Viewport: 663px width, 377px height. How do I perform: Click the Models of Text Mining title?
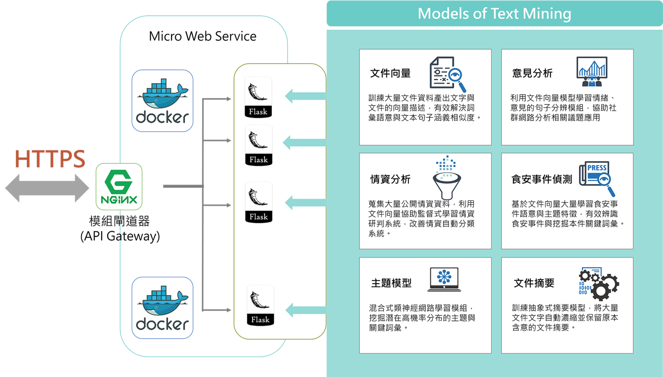click(494, 14)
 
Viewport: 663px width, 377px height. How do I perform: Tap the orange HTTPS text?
click(50, 159)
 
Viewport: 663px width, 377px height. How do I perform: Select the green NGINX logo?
click(119, 187)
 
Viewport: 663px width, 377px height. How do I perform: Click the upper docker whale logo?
click(162, 101)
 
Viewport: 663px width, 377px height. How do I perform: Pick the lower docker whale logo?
click(162, 308)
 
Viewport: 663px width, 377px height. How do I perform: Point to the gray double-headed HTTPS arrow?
click(47, 188)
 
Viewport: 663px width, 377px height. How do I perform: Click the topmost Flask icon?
click(258, 97)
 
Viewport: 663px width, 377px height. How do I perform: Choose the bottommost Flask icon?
click(260, 305)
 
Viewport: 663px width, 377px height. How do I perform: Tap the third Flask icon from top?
click(259, 202)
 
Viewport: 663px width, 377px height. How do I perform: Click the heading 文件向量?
click(390, 73)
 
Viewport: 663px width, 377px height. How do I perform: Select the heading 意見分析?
click(532, 73)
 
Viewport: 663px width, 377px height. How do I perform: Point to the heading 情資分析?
click(390, 179)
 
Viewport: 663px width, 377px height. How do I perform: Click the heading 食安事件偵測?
click(542, 179)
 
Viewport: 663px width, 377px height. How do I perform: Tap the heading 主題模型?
click(391, 283)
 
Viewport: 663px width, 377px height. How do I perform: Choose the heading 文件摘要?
click(534, 283)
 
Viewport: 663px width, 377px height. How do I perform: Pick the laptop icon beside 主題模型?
click(444, 279)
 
